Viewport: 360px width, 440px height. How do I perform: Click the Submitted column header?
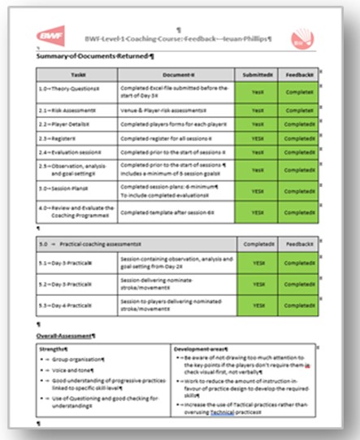click(258, 74)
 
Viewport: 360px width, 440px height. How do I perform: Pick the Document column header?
click(175, 74)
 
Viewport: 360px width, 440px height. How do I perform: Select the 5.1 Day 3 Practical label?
click(67, 263)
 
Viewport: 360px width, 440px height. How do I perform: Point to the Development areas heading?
click(204, 349)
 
